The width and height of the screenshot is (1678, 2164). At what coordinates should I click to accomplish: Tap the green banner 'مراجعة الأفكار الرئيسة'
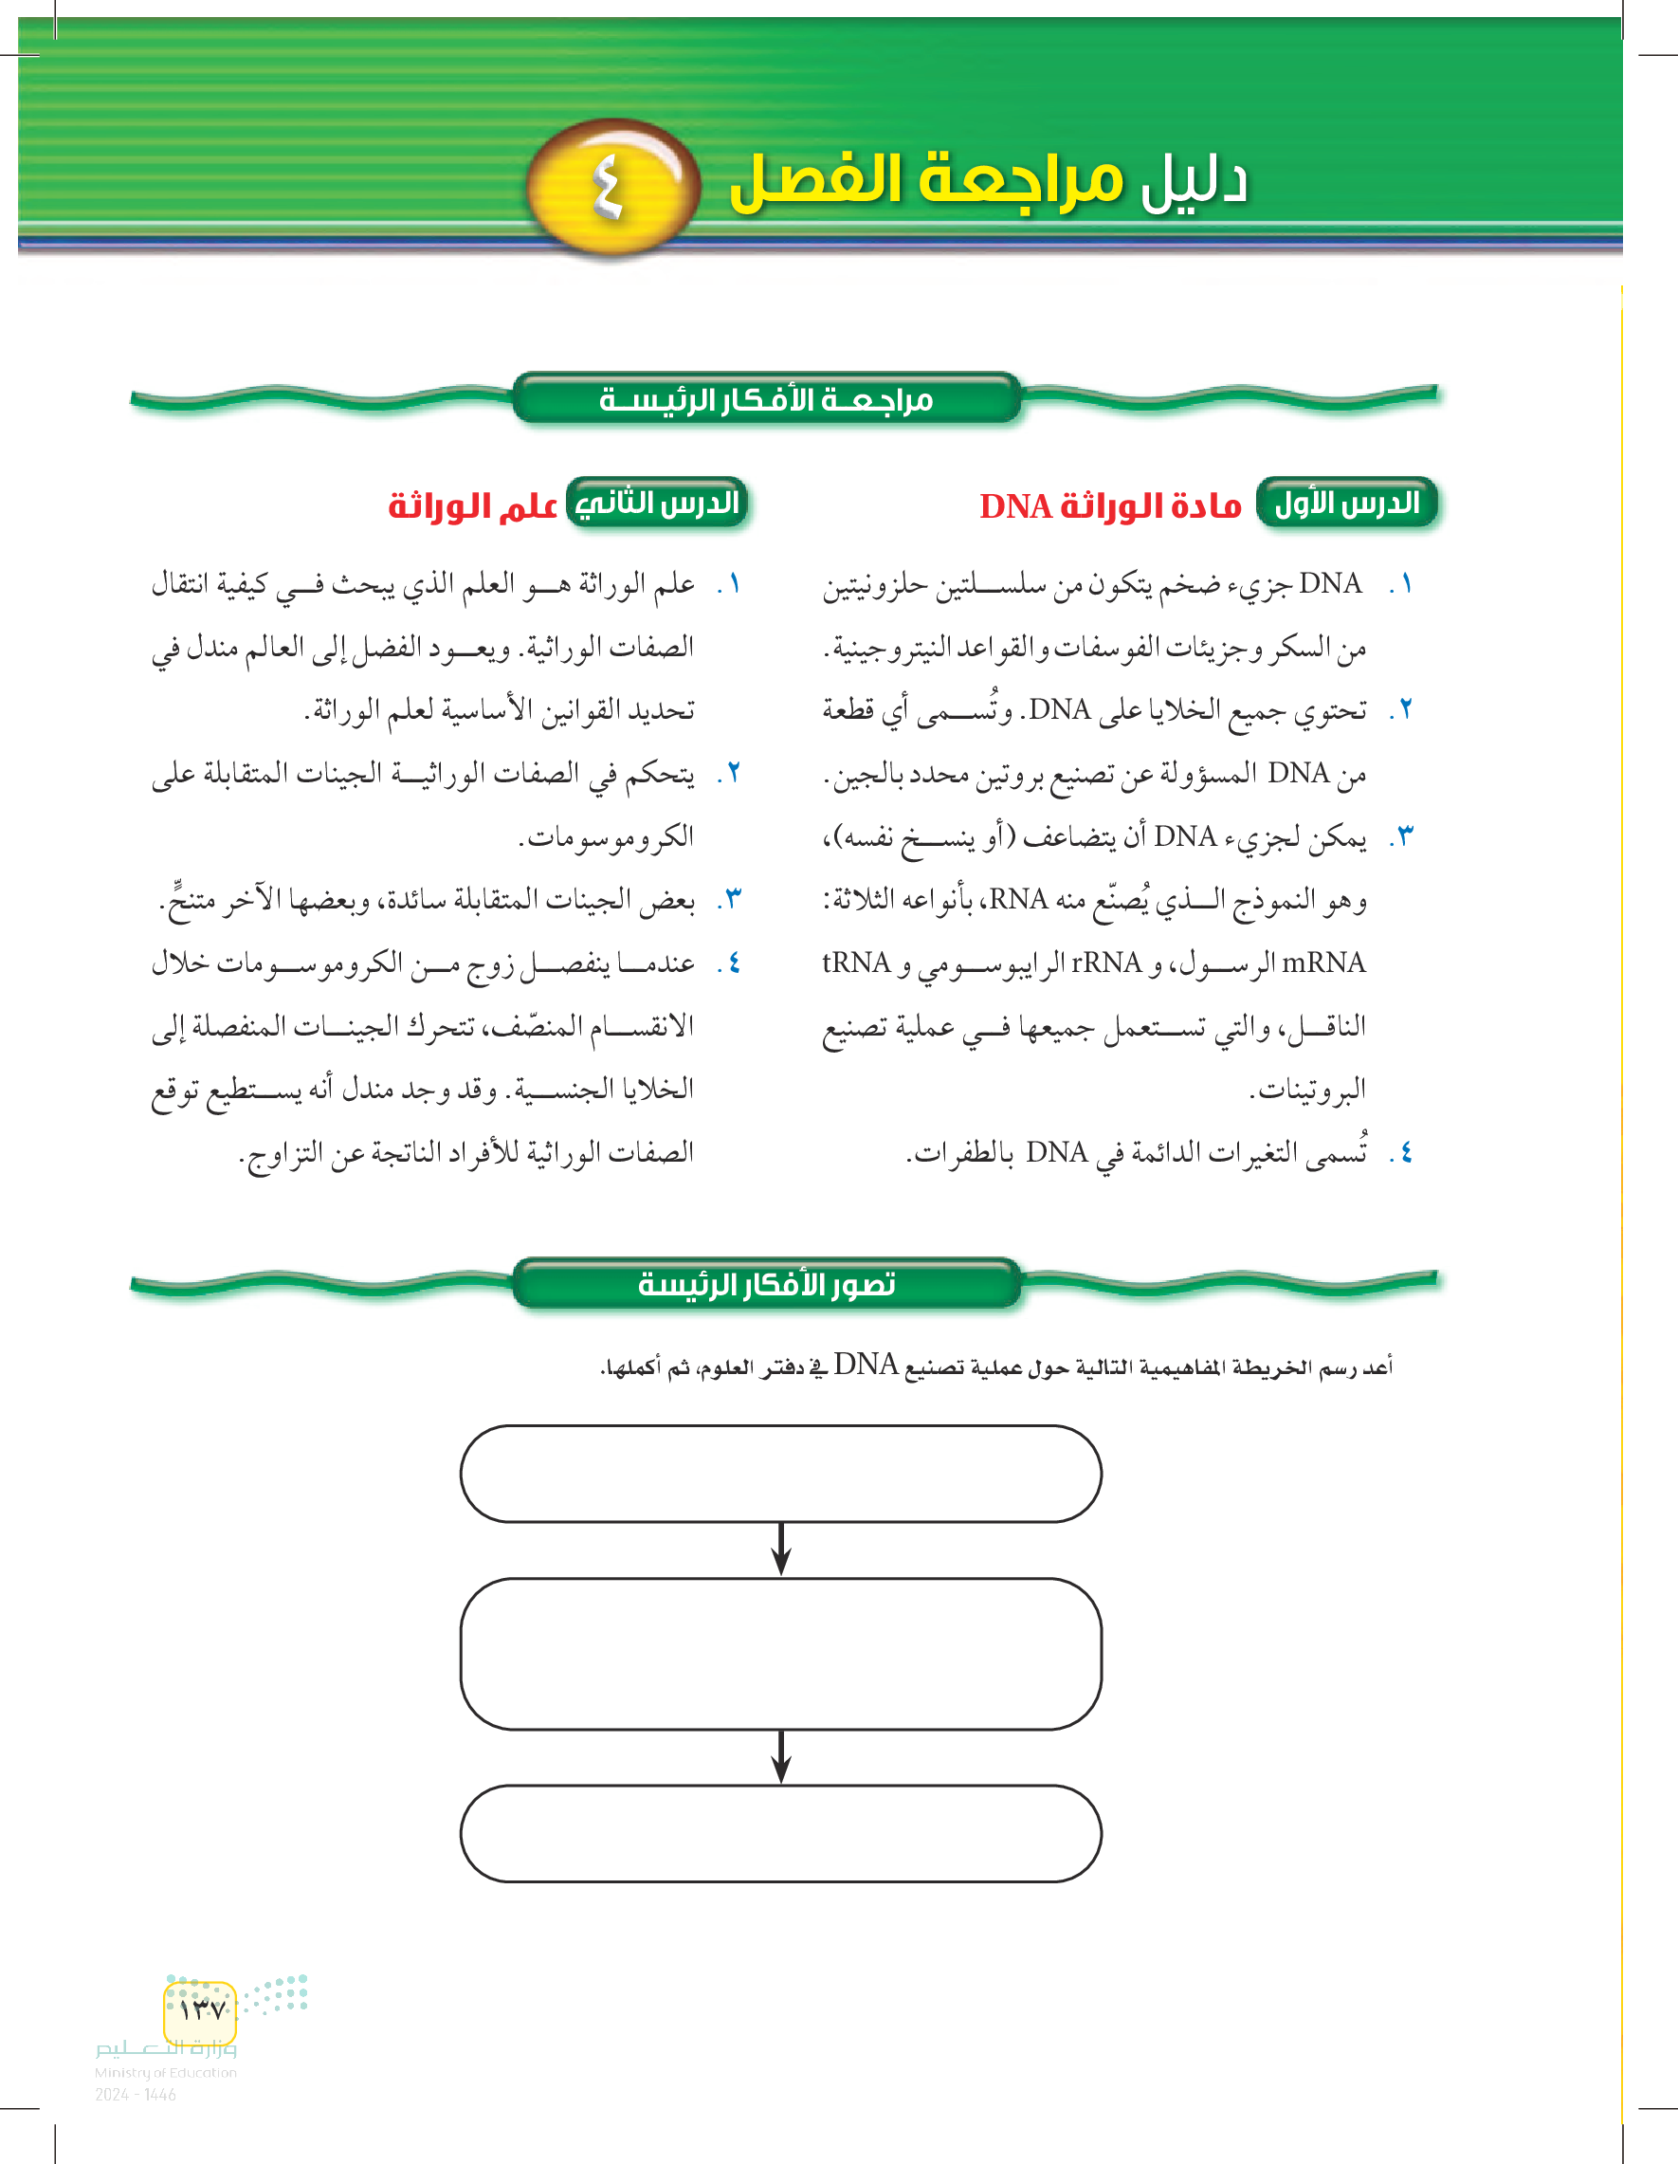click(x=766, y=399)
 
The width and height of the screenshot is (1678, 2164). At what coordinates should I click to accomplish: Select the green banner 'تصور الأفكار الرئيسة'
click(x=766, y=1284)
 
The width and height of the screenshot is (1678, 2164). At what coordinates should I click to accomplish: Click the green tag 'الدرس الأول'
click(x=1346, y=504)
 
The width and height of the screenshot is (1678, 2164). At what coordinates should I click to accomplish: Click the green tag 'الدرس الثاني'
click(x=657, y=504)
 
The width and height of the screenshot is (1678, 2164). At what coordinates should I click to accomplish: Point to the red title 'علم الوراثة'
click(x=472, y=506)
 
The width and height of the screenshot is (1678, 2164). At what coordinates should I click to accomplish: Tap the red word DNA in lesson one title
click(x=1015, y=506)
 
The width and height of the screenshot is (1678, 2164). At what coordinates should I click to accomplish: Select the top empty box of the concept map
click(x=780, y=1474)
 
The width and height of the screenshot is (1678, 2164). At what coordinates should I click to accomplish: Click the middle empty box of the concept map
click(x=780, y=1654)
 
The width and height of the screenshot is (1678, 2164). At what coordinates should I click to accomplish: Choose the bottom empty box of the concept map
click(x=780, y=1833)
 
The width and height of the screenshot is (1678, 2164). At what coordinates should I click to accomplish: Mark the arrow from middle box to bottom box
click(x=780, y=1757)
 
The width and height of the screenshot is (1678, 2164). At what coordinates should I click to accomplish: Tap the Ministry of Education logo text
click(x=165, y=2059)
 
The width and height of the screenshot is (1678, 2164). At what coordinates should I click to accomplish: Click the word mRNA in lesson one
click(x=1322, y=963)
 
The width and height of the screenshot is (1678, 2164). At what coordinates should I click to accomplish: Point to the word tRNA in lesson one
click(x=857, y=963)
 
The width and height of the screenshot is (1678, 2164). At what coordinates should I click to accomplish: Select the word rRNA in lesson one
click(x=1106, y=963)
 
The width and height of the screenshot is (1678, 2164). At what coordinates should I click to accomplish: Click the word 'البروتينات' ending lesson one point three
click(x=1307, y=1090)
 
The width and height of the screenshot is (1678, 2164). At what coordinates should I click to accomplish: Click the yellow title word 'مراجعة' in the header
click(x=1020, y=181)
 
